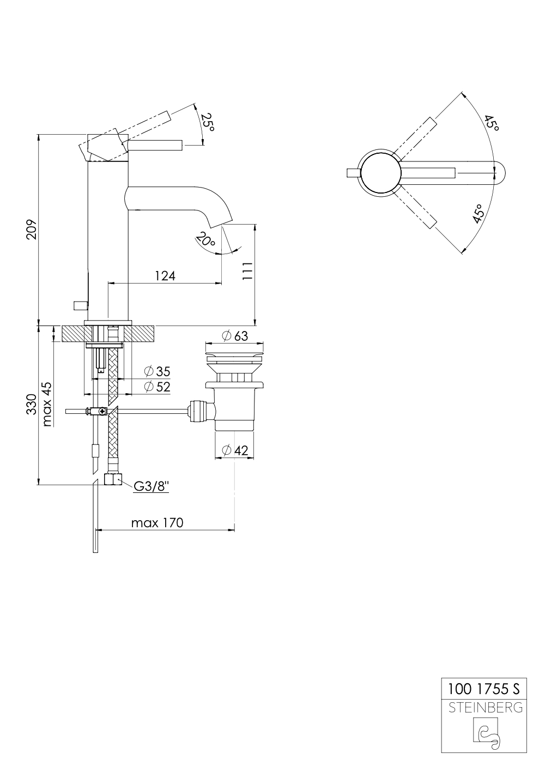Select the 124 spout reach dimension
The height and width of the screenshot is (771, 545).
click(x=165, y=276)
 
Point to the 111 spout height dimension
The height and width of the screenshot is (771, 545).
click(x=248, y=272)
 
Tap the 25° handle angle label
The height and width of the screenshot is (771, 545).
click(x=207, y=122)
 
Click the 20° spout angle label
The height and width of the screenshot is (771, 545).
click(x=205, y=240)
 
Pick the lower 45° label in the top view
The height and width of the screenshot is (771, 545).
click(x=478, y=214)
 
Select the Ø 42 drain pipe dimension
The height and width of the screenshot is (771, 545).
click(x=235, y=450)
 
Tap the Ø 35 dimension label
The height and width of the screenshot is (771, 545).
click(x=157, y=372)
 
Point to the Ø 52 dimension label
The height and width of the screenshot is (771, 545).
click(x=157, y=387)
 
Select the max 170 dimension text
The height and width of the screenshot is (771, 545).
click(x=158, y=523)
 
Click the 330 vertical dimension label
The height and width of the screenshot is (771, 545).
click(x=31, y=404)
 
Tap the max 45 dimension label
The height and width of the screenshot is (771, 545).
click(x=46, y=404)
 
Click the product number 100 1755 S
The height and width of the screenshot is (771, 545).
click(x=483, y=689)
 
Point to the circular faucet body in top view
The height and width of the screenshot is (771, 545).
click(x=380, y=173)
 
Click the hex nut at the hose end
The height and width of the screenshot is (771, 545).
click(x=112, y=480)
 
